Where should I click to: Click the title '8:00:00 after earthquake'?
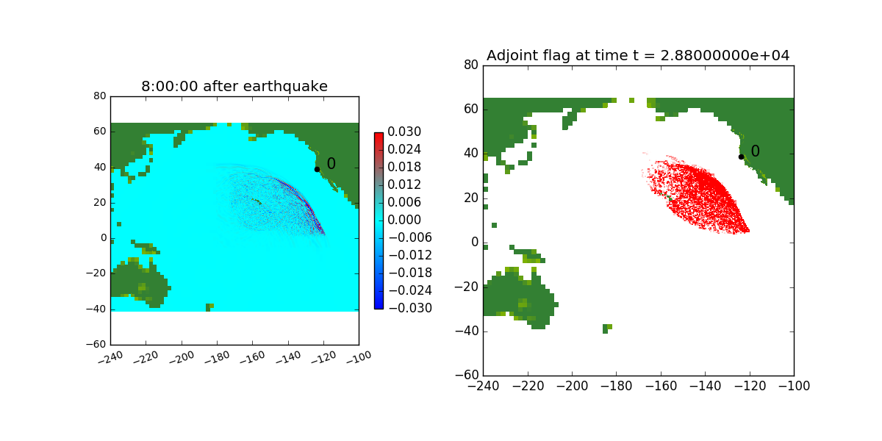coord(234,86)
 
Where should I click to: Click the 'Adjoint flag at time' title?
coord(558,56)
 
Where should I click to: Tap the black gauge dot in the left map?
coord(317,169)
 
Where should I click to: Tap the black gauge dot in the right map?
coord(741,157)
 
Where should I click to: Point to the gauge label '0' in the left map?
coord(331,163)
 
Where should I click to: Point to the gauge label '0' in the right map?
coord(756,151)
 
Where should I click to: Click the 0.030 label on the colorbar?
coord(404,132)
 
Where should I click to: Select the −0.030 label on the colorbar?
coord(410,308)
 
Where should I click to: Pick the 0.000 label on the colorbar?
coord(404,220)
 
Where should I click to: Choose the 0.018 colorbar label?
coord(404,167)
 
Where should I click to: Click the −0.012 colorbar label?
coord(410,255)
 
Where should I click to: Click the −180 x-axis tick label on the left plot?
coord(218,357)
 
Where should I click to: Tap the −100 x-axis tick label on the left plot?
coord(359,357)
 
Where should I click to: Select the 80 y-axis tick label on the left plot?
coord(100,96)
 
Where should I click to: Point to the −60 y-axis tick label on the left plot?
coord(96,344)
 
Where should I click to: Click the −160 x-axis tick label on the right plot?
coord(661,387)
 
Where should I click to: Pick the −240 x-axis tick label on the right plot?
coord(483,387)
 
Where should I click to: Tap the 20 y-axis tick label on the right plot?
coord(471,198)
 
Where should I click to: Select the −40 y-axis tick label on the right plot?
coord(467,331)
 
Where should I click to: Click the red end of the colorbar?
coord(379,135)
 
